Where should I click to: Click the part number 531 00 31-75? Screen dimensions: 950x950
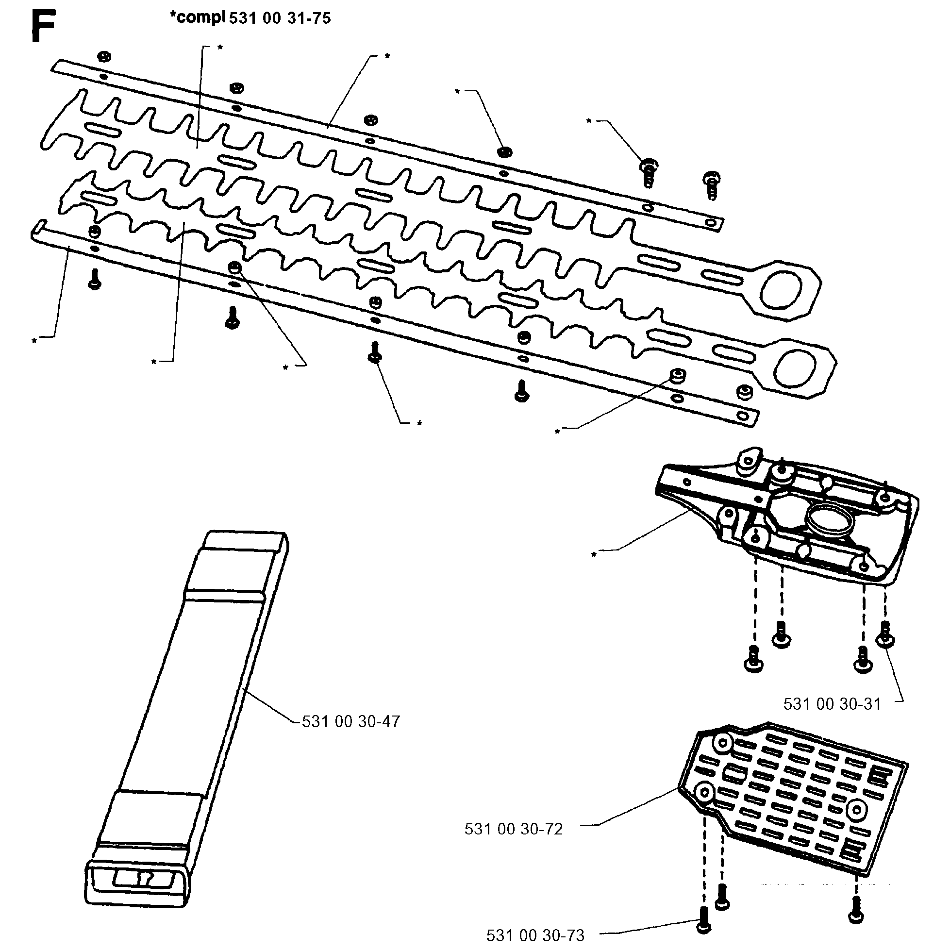tap(280, 18)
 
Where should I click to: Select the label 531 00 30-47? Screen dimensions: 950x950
tap(350, 721)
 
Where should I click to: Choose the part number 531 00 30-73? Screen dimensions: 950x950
tap(535, 935)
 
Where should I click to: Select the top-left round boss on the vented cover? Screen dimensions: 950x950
tap(724, 756)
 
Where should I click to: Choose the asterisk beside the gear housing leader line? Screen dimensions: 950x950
tap(594, 555)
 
